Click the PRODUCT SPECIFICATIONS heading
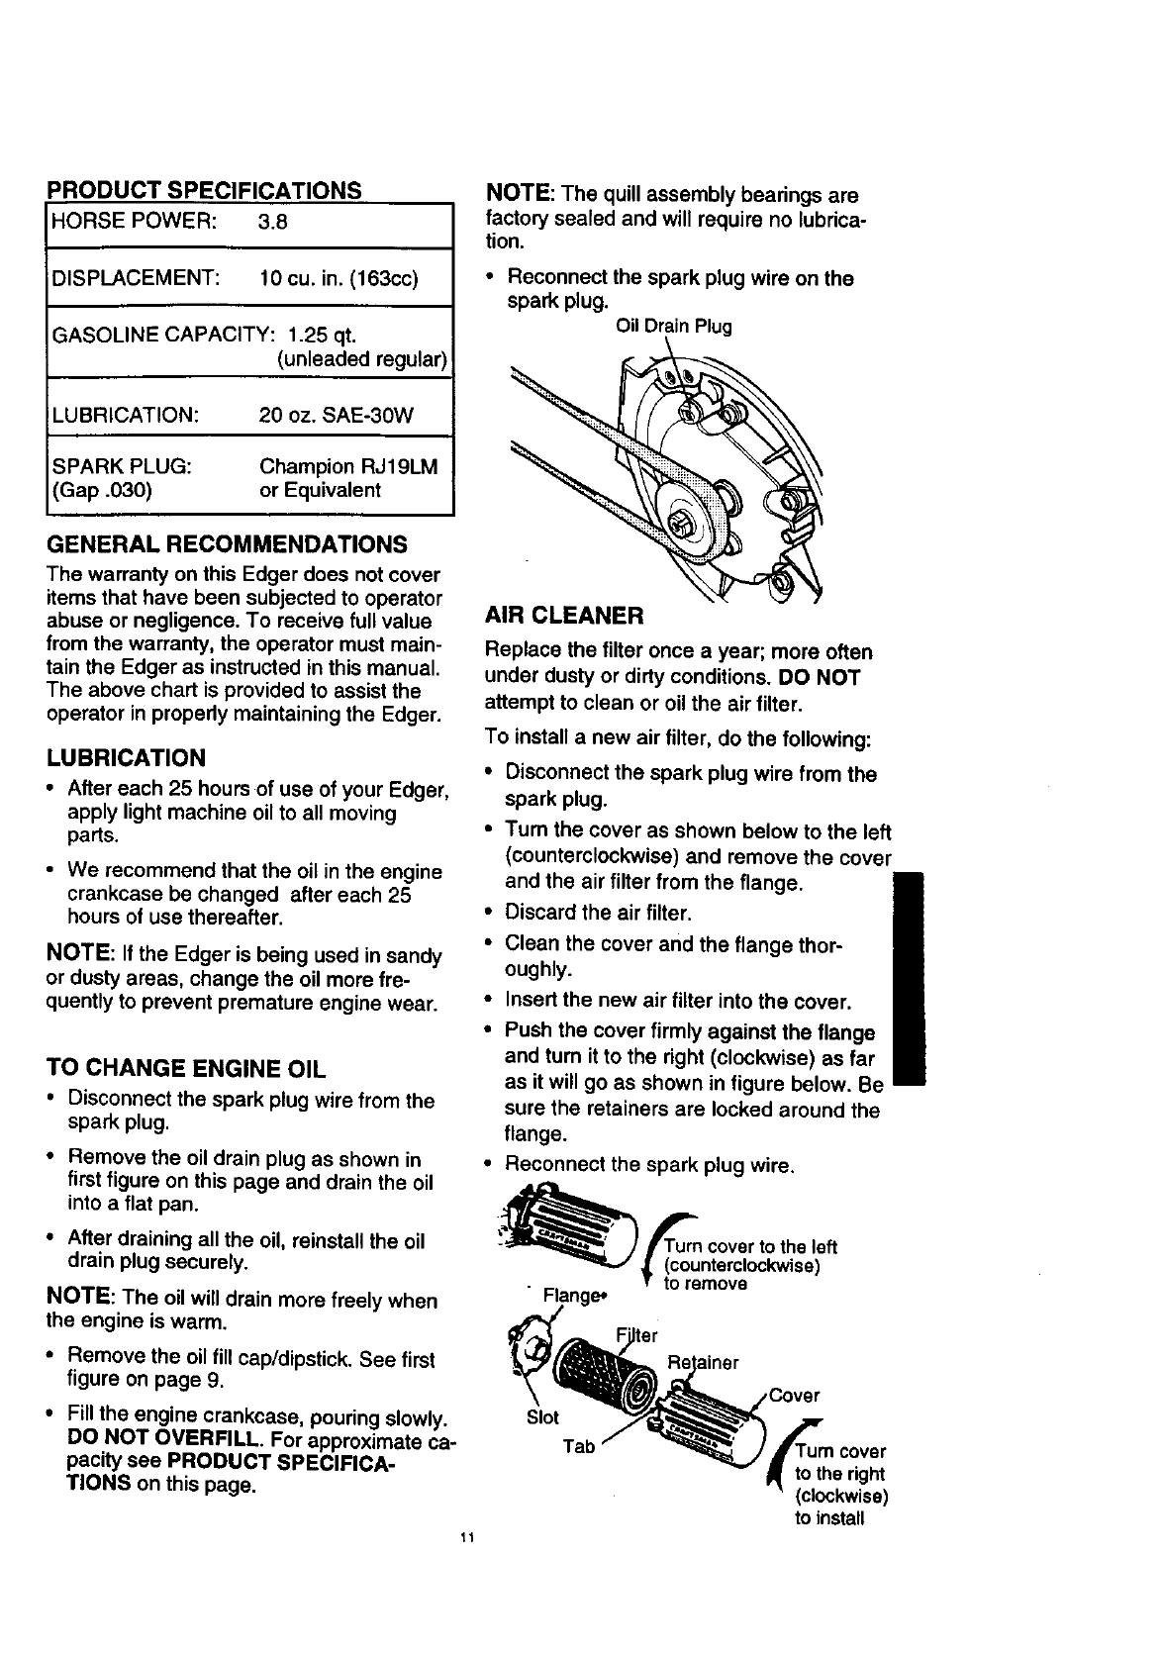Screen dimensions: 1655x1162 click(x=205, y=190)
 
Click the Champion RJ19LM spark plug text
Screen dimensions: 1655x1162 click(x=347, y=466)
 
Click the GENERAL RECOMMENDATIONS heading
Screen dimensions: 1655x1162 click(x=227, y=544)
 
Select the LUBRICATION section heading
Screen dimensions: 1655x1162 click(x=126, y=758)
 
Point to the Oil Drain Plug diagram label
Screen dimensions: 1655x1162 click(x=673, y=326)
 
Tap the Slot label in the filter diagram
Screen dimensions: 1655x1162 click(x=543, y=1416)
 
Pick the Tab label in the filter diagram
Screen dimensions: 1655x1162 click(x=579, y=1447)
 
